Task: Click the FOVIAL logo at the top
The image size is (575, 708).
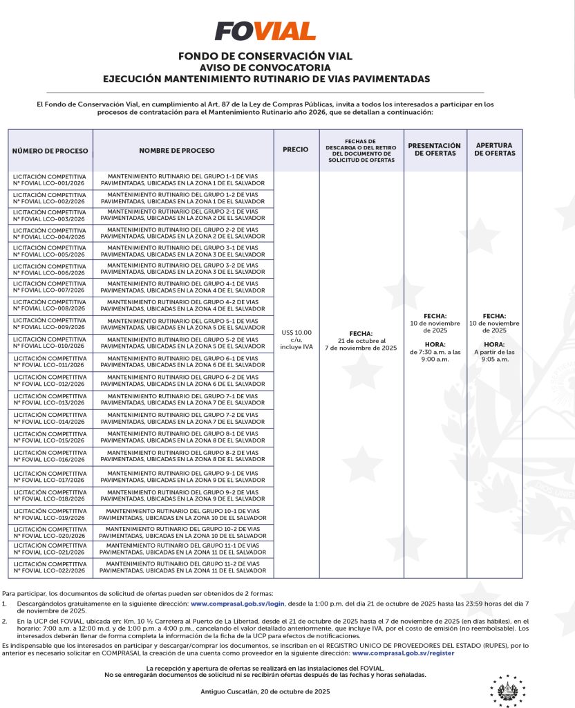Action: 265,31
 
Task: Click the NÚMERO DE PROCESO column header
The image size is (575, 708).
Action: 50,150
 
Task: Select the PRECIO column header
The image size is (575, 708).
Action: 296,150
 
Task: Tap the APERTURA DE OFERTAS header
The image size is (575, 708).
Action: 494,149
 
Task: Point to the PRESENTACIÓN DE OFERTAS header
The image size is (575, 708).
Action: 434,149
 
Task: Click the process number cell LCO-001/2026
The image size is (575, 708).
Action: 50,180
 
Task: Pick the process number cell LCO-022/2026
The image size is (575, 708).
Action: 50,568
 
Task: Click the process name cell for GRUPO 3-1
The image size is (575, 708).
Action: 182,251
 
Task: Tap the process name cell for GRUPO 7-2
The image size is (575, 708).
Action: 182,418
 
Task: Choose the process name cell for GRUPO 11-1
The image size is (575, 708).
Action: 182,549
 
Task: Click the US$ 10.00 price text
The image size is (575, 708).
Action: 296,333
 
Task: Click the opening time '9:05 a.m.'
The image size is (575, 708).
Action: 494,359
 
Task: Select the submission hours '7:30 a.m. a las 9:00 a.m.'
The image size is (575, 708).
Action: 435,356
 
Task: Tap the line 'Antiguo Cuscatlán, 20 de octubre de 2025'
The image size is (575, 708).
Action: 265,691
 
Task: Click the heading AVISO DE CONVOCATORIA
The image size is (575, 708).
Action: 265,68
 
